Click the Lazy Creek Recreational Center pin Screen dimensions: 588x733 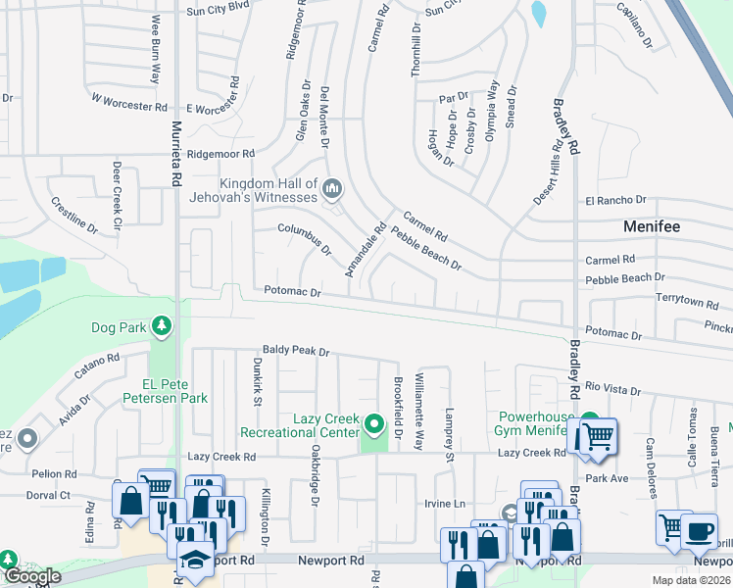[373, 424]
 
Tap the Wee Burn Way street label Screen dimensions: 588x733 [155, 49]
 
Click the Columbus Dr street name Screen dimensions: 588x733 [305, 237]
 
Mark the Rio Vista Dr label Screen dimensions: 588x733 [613, 388]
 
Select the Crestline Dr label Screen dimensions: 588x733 [74, 214]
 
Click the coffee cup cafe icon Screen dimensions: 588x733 [699, 530]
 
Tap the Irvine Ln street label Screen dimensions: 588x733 [443, 503]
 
